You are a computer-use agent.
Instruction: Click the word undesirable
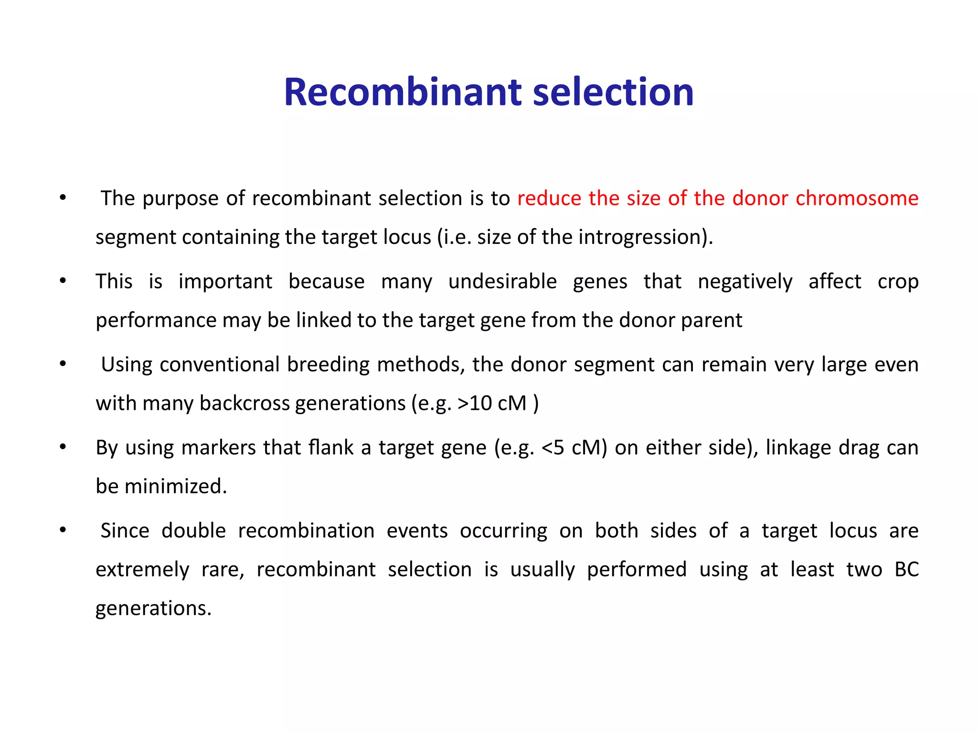(502, 282)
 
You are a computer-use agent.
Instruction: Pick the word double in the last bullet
(193, 531)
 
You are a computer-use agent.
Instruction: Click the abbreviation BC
(906, 569)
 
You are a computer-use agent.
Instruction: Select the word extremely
(142, 570)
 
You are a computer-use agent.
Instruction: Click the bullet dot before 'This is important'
(63, 281)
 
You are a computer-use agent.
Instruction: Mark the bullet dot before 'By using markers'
(63, 447)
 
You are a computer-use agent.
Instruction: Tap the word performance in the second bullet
(156, 320)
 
